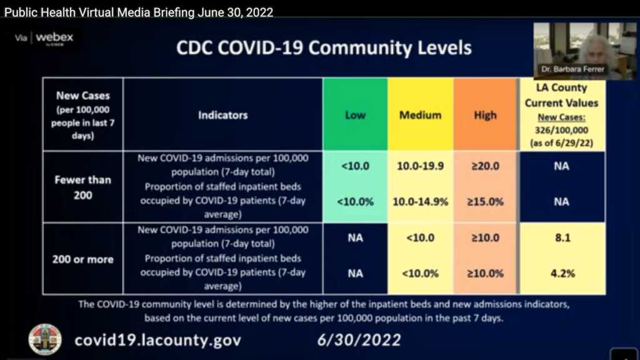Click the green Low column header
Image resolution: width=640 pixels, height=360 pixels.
(355, 115)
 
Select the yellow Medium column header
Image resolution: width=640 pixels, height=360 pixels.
(420, 115)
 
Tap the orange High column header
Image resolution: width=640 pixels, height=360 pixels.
(485, 115)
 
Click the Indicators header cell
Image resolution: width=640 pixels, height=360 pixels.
(222, 115)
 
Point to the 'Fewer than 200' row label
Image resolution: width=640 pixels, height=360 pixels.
(82, 187)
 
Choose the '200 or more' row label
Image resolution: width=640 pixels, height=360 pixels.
(82, 259)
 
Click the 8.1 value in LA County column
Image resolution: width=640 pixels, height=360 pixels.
(561, 238)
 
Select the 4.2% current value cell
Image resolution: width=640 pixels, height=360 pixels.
(561, 273)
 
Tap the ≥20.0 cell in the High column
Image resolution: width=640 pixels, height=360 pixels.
(485, 167)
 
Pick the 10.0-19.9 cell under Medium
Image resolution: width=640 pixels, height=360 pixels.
(420, 167)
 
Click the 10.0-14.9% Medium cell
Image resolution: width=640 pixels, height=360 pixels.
(420, 202)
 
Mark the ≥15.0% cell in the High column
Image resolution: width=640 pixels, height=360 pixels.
(485, 202)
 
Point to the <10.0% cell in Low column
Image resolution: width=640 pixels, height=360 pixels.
(355, 202)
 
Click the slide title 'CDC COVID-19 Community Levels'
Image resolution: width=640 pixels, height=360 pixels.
(324, 48)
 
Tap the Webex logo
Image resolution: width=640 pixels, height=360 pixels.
(54, 37)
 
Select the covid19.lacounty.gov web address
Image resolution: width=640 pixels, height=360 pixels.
(157, 341)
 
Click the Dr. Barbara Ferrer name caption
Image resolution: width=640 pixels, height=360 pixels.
(574, 69)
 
